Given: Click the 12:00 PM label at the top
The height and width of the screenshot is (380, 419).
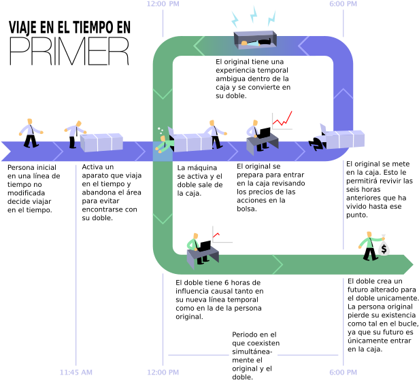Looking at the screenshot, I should [x=163, y=4].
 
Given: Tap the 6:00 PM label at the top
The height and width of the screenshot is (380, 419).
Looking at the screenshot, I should [x=343, y=4].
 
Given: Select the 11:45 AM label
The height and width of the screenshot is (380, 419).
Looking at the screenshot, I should [x=76, y=372].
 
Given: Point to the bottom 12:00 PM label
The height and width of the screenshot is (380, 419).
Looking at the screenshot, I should [x=163, y=372].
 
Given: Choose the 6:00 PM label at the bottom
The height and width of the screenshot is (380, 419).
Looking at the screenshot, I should [x=343, y=372].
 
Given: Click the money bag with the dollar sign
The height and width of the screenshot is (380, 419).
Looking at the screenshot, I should [x=384, y=247].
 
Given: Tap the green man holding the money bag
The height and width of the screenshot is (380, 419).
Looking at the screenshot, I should [x=369, y=245].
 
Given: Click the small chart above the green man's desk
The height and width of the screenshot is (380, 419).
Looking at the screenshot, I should [x=222, y=235].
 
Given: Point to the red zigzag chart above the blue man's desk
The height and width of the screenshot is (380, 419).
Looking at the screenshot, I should [x=282, y=120].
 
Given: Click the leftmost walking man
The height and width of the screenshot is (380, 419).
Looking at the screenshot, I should [x=29, y=133].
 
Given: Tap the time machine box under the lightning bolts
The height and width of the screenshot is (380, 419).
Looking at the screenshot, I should [x=254, y=39].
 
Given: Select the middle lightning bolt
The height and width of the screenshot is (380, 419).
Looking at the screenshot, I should [x=253, y=14].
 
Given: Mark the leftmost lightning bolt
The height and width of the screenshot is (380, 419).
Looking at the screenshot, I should [x=235, y=19].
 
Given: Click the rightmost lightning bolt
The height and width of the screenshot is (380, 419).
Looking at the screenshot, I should [x=272, y=18].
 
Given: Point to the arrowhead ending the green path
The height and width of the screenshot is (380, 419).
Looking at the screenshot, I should [x=407, y=264].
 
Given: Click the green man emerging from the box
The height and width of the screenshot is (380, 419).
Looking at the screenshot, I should [x=163, y=143].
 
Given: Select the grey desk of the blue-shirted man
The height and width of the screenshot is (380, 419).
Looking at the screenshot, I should [x=262, y=143].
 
